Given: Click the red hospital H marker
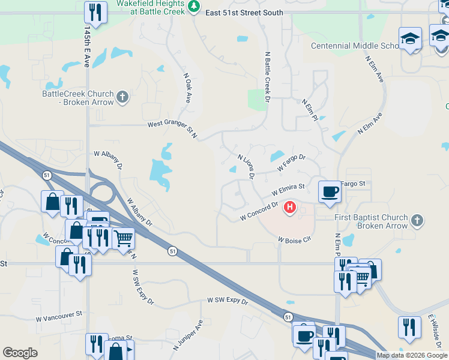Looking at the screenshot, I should (290, 208).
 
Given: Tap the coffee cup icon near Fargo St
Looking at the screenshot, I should (329, 192).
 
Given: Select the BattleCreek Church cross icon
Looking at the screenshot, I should (122, 97).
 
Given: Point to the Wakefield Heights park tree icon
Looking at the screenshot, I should (193, 7).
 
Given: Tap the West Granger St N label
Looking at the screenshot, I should (173, 128).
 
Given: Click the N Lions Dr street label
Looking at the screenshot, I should (246, 166).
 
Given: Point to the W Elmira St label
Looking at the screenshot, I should (288, 191).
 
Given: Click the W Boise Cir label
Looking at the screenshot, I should (294, 239).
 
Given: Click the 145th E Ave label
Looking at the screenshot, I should (87, 46).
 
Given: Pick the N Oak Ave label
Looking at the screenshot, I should (187, 88).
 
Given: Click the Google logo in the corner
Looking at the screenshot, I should (20, 353).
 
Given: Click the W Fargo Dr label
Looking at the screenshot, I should (291, 163).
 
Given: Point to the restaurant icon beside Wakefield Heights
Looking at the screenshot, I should (95, 11).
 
